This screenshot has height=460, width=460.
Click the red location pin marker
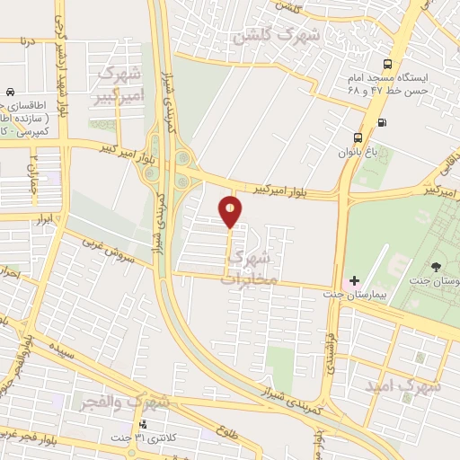coord(230,211)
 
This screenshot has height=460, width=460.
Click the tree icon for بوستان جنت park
coord(437,267)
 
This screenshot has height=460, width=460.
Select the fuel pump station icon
coord(383,122)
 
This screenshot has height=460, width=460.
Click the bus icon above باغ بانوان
coord(358,137)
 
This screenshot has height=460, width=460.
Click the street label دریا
coord(29,41)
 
